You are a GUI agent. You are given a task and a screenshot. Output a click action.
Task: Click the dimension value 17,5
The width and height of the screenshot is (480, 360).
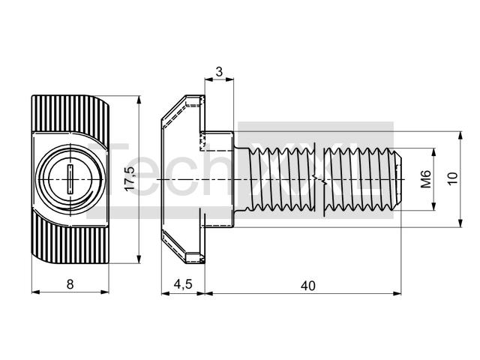[x=130, y=178]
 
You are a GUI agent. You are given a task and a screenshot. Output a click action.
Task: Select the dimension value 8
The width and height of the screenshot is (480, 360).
[x=70, y=284]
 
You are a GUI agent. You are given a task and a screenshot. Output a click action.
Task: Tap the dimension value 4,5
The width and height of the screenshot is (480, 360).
[x=183, y=284]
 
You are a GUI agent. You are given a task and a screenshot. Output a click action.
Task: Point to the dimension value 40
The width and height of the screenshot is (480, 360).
[x=308, y=286]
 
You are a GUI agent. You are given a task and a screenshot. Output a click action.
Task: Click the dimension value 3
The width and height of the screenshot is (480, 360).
[x=219, y=72]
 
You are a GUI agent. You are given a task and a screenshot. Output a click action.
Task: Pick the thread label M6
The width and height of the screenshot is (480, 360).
[x=425, y=178]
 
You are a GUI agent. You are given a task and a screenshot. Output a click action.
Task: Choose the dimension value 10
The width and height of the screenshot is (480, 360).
[x=453, y=178]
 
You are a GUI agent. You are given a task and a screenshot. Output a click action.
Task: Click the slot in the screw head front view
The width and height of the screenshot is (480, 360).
[x=70, y=179]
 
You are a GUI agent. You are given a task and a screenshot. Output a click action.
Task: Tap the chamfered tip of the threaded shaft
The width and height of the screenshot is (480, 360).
[x=397, y=179]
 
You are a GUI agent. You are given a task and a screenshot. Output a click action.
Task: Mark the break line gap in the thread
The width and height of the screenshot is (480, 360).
[x=319, y=180]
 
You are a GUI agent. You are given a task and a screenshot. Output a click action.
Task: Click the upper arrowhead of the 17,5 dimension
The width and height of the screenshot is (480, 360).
[x=139, y=100]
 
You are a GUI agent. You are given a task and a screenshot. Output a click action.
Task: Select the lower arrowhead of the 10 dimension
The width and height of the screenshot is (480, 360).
[x=460, y=223]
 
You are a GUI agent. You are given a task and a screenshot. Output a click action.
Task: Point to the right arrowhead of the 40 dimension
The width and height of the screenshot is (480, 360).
[x=397, y=293]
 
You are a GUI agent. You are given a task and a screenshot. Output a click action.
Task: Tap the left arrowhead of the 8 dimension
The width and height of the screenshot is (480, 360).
[x=36, y=292]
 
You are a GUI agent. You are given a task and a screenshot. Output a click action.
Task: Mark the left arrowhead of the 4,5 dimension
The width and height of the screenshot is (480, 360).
[x=166, y=293]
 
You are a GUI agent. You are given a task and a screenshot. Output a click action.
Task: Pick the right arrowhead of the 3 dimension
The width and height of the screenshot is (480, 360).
[x=229, y=79]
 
